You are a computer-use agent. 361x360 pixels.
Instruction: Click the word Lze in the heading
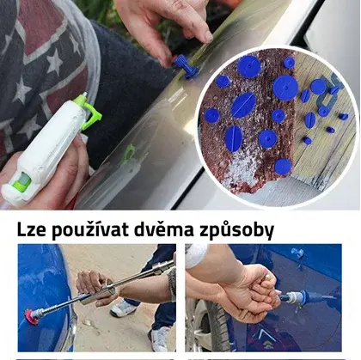(31, 229)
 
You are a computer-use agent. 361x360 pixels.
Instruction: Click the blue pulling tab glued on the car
(185, 66)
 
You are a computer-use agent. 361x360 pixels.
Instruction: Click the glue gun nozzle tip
(85, 94)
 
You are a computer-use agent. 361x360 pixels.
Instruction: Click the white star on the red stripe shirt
(54, 62)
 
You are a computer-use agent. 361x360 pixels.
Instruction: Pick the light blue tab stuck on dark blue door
(297, 252)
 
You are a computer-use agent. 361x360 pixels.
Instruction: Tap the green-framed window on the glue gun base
(22, 182)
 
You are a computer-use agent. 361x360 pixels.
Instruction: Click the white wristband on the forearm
(196, 256)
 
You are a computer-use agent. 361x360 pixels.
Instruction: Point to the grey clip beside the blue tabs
(329, 92)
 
